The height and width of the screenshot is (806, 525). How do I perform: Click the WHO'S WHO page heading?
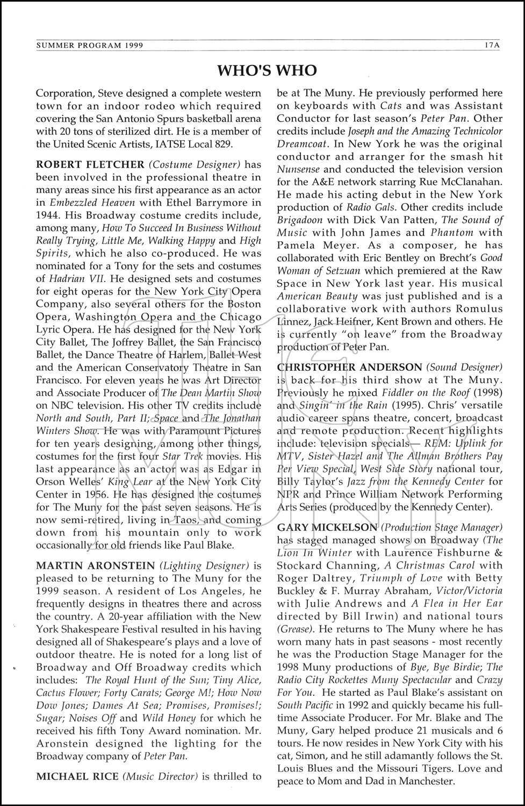(267, 70)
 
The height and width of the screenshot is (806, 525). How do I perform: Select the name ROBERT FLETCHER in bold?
(90, 164)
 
